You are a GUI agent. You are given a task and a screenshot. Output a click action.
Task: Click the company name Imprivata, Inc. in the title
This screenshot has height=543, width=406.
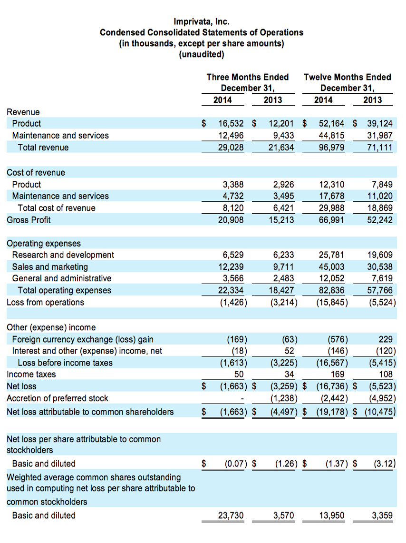(201, 21)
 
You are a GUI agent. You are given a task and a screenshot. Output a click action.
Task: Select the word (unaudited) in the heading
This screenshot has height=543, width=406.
(201, 54)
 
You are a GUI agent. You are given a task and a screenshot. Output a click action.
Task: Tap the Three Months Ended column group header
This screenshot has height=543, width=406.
(247, 77)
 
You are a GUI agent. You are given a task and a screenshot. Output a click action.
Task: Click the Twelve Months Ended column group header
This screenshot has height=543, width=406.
(347, 77)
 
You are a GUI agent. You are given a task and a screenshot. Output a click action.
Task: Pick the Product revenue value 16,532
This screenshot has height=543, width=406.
(231, 124)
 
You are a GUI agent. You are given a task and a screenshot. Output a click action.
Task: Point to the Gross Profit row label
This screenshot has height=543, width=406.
(29, 220)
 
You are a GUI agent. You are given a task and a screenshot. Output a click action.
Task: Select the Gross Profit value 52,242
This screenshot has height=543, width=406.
(380, 220)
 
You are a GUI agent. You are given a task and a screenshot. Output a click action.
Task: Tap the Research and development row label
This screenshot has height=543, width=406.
(63, 255)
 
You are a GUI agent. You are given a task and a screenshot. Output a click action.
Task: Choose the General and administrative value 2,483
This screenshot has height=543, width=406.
(284, 278)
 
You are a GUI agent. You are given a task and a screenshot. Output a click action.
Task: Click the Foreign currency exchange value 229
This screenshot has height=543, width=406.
(386, 339)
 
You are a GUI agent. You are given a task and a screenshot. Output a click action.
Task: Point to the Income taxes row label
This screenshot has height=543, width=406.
(31, 375)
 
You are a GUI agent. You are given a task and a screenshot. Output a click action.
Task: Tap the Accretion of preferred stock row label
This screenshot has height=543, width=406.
(57, 398)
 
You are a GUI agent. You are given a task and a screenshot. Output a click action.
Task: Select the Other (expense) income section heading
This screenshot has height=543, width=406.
(51, 327)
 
